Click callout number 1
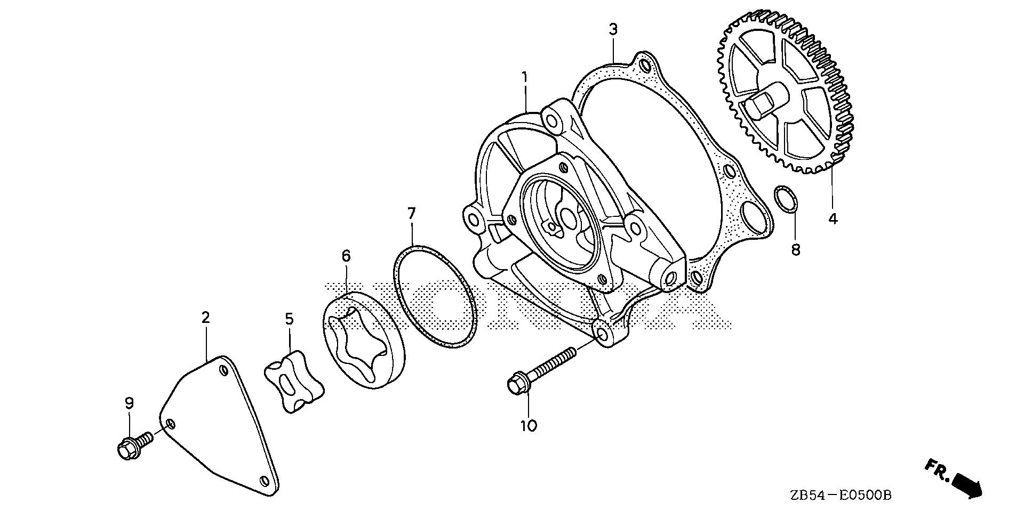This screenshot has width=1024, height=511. pyautogui.click(x=525, y=78)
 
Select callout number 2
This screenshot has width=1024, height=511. pyautogui.click(x=206, y=318)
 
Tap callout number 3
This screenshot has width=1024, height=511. pyautogui.click(x=613, y=30)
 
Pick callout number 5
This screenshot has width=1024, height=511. pyautogui.click(x=289, y=319)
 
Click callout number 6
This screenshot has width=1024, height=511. pyautogui.click(x=346, y=256)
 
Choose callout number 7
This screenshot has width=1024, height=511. pyautogui.click(x=411, y=214)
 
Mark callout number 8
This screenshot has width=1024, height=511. pyautogui.click(x=796, y=249)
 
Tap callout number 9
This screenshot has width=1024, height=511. pyautogui.click(x=129, y=403)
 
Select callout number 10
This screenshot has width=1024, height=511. pyautogui.click(x=529, y=426)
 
